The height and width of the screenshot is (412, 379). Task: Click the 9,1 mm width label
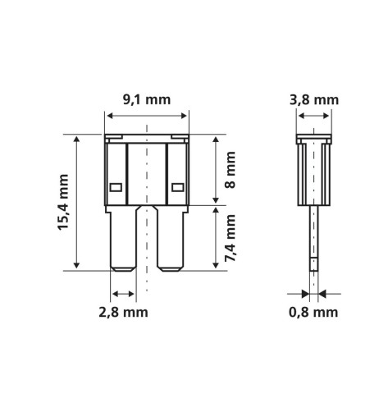(147, 101)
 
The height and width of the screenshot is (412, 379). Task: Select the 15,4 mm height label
(62, 201)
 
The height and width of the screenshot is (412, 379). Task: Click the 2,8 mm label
(121, 312)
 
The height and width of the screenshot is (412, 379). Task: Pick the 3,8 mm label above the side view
(314, 101)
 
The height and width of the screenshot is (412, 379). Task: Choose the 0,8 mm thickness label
(314, 312)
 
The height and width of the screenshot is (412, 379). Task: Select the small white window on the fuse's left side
(116, 185)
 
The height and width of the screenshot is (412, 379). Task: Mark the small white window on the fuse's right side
(178, 185)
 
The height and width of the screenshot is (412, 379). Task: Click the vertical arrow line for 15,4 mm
(77, 202)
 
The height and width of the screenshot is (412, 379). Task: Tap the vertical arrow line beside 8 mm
(215, 170)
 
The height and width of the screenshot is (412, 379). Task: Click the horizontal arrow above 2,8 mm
(123, 294)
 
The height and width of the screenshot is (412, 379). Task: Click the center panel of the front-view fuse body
(147, 172)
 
